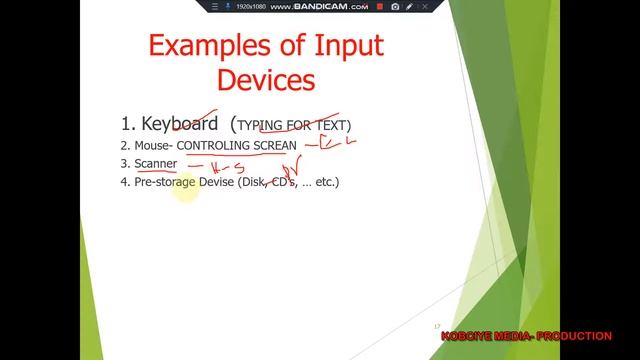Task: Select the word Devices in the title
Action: (x=266, y=81)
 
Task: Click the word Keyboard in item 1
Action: (x=180, y=124)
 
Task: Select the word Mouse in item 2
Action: (x=153, y=145)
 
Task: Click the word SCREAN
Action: (x=274, y=145)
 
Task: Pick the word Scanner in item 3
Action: (x=156, y=163)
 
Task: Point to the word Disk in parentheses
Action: (x=254, y=182)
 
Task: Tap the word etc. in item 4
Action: (x=325, y=182)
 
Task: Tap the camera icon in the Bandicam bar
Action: (x=395, y=7)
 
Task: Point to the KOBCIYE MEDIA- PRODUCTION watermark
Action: (x=526, y=336)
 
